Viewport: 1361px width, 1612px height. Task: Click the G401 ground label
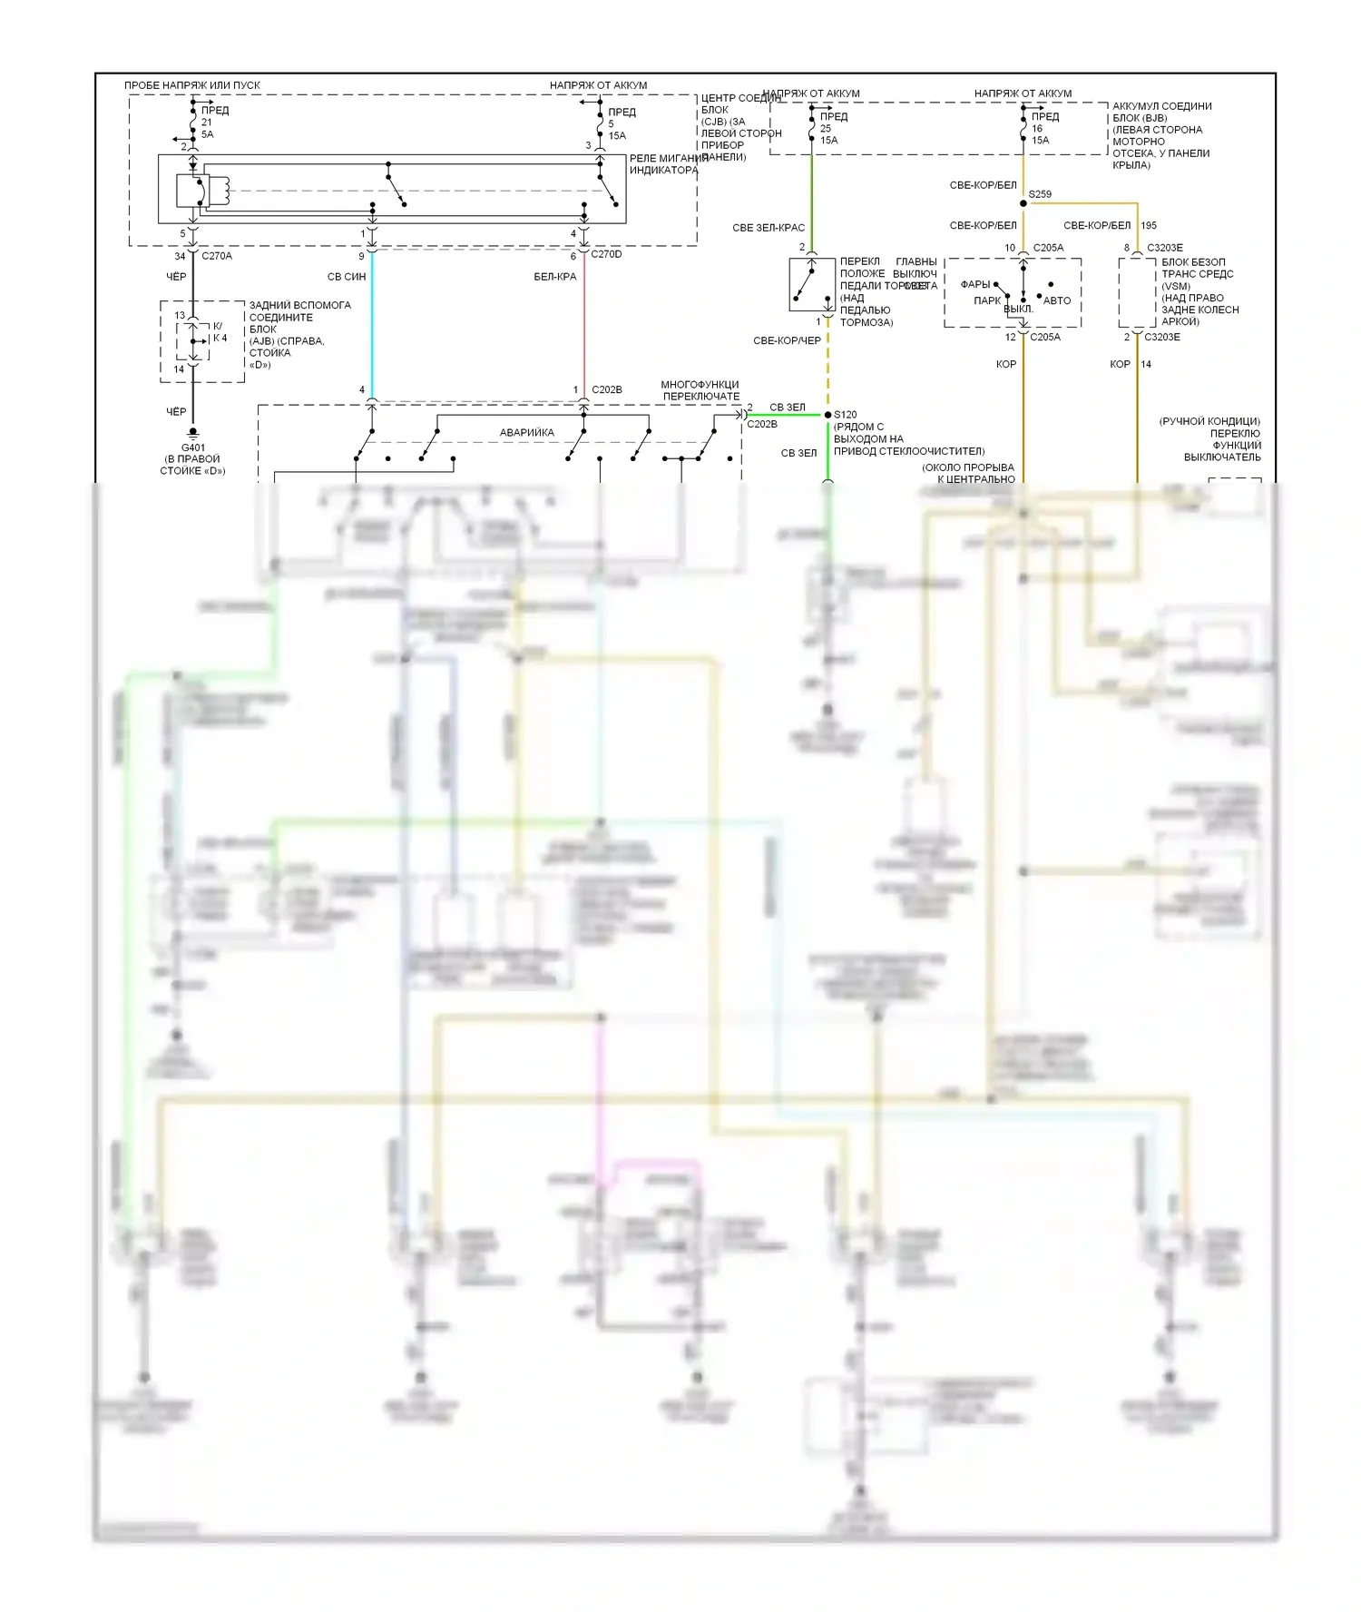coord(192,447)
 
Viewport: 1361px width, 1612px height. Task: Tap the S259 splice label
coord(1040,194)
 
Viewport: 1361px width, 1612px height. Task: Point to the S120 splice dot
coord(827,415)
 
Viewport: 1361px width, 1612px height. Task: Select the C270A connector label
coord(217,256)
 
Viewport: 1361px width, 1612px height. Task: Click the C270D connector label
coord(606,254)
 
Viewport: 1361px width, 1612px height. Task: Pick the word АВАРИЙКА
coord(526,433)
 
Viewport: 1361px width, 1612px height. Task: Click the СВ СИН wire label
coord(347,277)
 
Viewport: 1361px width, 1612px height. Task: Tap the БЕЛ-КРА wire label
coord(554,277)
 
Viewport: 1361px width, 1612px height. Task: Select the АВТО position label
coord(1056,300)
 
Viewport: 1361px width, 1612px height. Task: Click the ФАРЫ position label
coord(974,284)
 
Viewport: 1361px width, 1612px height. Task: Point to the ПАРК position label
coord(987,300)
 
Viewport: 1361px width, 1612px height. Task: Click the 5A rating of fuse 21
coord(208,134)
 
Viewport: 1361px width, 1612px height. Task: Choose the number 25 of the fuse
coord(826,128)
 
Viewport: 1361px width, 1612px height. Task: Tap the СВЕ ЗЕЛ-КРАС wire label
coord(769,228)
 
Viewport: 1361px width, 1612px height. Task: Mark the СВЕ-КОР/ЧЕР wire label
coord(787,340)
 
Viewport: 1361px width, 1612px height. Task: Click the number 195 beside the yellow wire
coord(1149,225)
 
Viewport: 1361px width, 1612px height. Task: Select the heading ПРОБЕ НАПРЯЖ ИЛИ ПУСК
coord(191,85)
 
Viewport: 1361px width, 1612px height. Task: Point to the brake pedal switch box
coord(812,285)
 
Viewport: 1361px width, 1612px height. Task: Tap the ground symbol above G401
coord(192,435)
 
